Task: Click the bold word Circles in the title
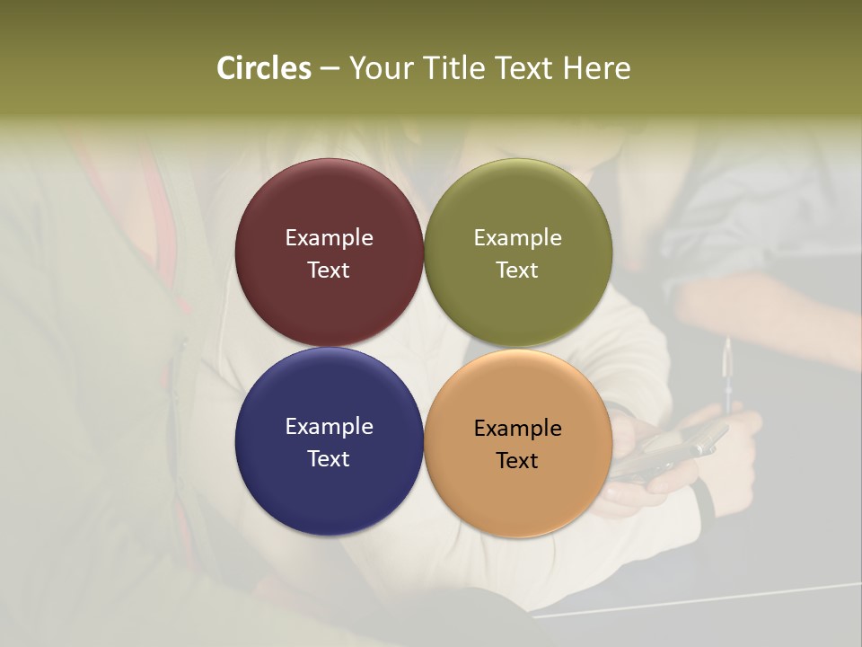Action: click(264, 68)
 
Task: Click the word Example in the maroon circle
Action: click(329, 238)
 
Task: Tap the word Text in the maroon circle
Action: click(329, 270)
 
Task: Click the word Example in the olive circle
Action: click(517, 238)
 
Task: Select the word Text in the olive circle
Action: click(517, 270)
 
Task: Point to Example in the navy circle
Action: click(329, 427)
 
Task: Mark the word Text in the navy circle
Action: click(329, 459)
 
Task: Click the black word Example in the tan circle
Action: click(517, 429)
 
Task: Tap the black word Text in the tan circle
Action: click(517, 461)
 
